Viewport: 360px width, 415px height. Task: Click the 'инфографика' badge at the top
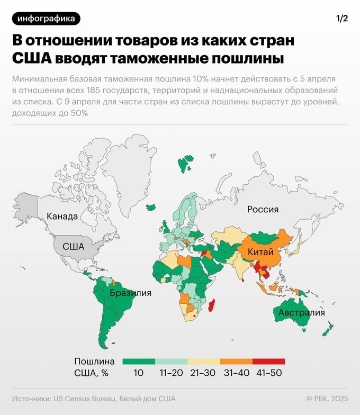click(x=46, y=19)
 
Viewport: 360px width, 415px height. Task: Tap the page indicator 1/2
click(x=341, y=19)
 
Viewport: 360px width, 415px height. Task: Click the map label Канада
click(x=62, y=216)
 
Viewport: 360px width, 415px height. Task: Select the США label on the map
click(x=73, y=246)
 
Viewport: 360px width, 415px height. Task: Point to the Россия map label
click(x=263, y=209)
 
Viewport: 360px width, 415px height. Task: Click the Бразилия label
click(x=130, y=293)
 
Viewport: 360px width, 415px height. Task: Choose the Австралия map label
click(x=301, y=312)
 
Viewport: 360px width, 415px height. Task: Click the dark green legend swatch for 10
click(x=138, y=361)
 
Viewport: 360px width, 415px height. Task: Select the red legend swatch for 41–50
click(x=268, y=361)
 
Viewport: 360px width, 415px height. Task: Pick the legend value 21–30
click(x=203, y=373)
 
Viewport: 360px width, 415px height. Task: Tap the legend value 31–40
click(x=236, y=373)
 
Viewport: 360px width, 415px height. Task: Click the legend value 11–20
click(x=171, y=373)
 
